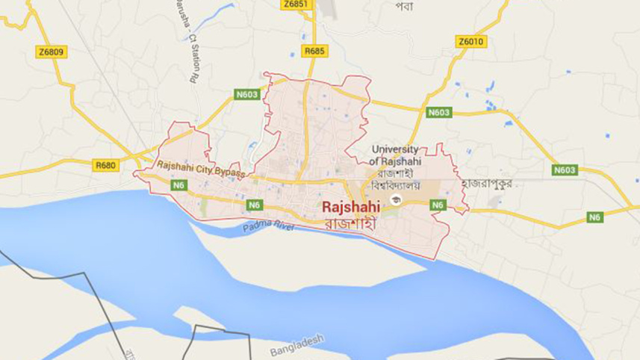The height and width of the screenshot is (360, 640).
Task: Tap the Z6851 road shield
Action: pyautogui.click(x=296, y=4)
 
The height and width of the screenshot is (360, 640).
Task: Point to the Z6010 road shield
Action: pyautogui.click(x=471, y=43)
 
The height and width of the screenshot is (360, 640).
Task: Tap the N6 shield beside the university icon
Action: pyautogui.click(x=438, y=204)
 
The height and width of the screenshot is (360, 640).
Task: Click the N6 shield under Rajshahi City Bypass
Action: pyautogui.click(x=178, y=184)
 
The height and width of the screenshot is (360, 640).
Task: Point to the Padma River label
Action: pyautogui.click(x=267, y=226)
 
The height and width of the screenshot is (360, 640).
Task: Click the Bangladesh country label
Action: pyautogui.click(x=298, y=345)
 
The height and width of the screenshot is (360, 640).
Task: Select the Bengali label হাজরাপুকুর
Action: pyautogui.click(x=486, y=184)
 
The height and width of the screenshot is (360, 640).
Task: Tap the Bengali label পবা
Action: pyautogui.click(x=405, y=6)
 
